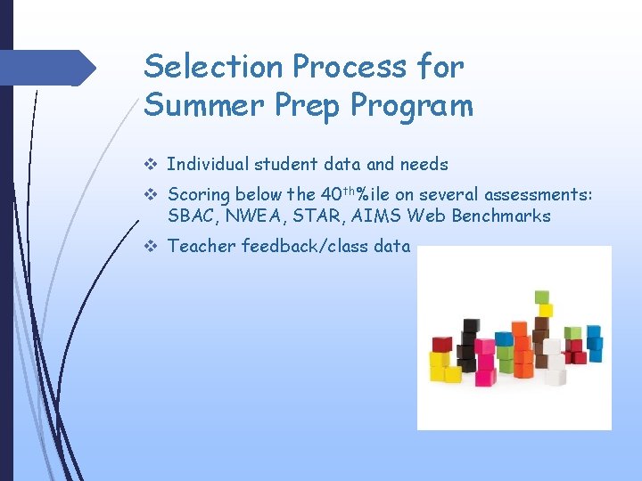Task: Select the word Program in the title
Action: coord(412,105)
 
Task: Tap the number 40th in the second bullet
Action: coord(336,193)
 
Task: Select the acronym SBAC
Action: coord(190,216)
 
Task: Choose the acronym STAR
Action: coord(311,216)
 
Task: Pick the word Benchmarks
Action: coord(499,216)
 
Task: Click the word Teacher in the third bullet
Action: coord(201,246)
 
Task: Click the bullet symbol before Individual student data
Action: coord(150,164)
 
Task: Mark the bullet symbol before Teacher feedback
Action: coord(150,246)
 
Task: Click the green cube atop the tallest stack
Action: coord(540,298)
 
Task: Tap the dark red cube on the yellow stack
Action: coord(441,344)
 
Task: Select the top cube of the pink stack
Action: coord(484,346)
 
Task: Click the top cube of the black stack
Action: coord(467,325)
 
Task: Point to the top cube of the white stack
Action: coord(553,345)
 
